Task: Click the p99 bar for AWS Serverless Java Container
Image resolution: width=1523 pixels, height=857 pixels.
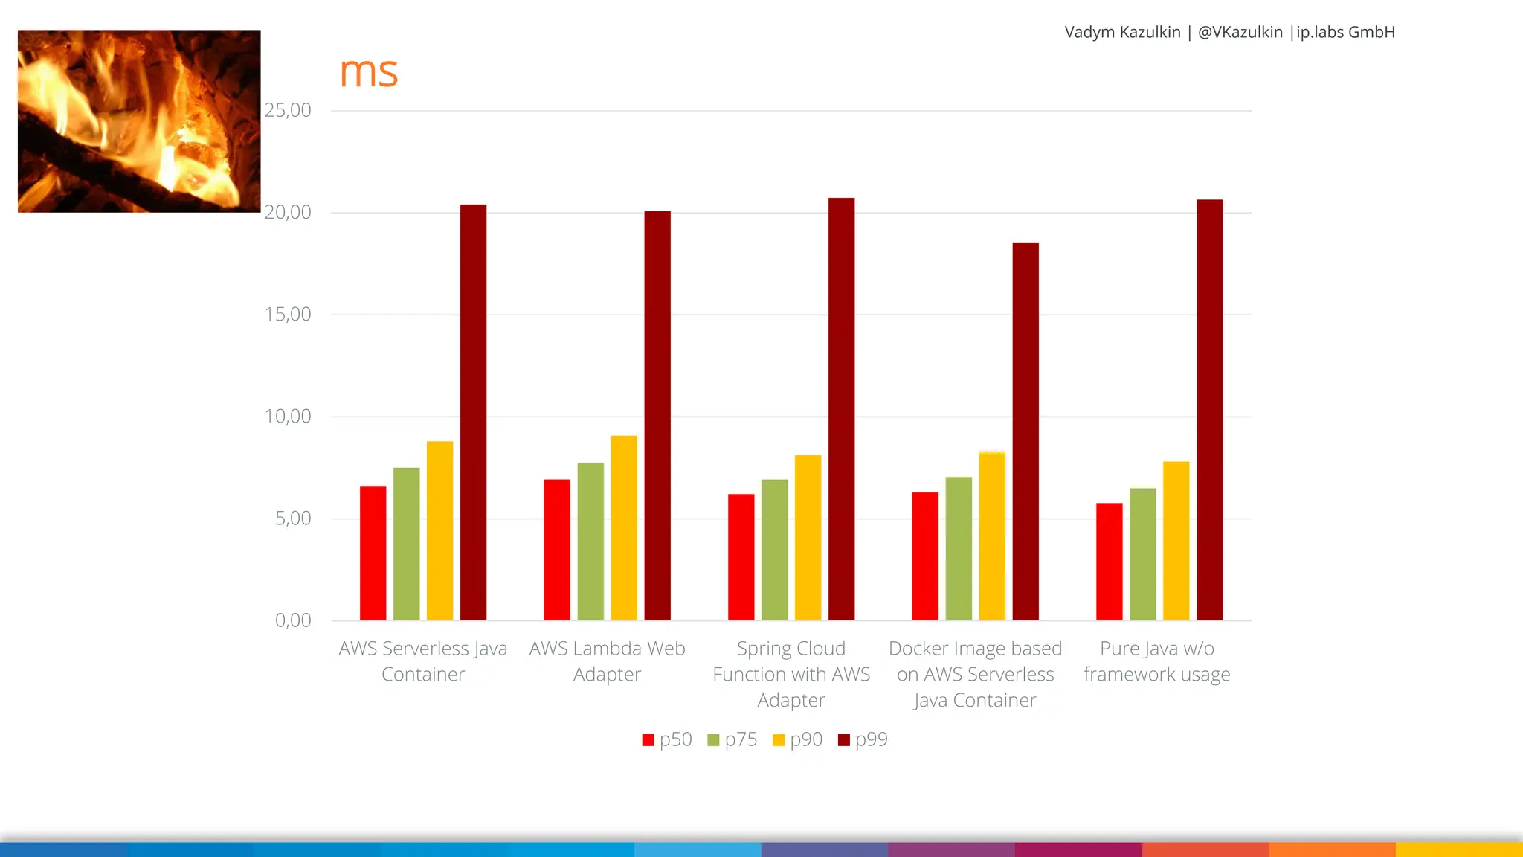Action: pyautogui.click(x=473, y=412)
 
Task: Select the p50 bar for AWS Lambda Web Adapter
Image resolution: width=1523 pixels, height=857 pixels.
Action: pyautogui.click(x=557, y=550)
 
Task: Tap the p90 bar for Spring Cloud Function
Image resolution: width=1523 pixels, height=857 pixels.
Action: pyautogui.click(x=808, y=537)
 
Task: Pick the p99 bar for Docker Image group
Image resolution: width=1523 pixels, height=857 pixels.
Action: pyautogui.click(x=1025, y=431)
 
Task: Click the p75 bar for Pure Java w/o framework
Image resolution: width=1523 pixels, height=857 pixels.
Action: pyautogui.click(x=1142, y=554)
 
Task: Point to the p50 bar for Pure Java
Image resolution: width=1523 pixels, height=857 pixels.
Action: pyautogui.click(x=1109, y=562)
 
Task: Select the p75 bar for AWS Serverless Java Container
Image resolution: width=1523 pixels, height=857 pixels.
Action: pyautogui.click(x=406, y=544)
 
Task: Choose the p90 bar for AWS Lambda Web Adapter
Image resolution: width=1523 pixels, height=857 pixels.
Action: pyautogui.click(x=624, y=527)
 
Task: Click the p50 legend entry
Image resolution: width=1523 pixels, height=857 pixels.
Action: pyautogui.click(x=667, y=739)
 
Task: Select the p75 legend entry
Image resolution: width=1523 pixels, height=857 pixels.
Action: pyautogui.click(x=732, y=739)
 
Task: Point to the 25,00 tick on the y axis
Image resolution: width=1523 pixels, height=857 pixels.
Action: pyautogui.click(x=288, y=110)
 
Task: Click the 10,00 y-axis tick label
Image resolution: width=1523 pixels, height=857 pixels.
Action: pyautogui.click(x=288, y=417)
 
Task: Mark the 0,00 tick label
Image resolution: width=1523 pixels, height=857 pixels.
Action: pyautogui.click(x=293, y=620)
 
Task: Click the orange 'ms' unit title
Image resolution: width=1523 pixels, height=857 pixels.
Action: pyautogui.click(x=369, y=72)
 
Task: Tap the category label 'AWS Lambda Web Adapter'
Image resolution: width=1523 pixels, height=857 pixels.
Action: pyautogui.click(x=607, y=661)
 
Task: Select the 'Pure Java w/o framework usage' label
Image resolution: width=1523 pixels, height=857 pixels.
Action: pyautogui.click(x=1156, y=661)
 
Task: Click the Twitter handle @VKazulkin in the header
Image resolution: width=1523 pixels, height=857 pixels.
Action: pyautogui.click(x=1240, y=32)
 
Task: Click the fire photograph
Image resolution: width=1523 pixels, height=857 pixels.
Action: pyautogui.click(x=139, y=121)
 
